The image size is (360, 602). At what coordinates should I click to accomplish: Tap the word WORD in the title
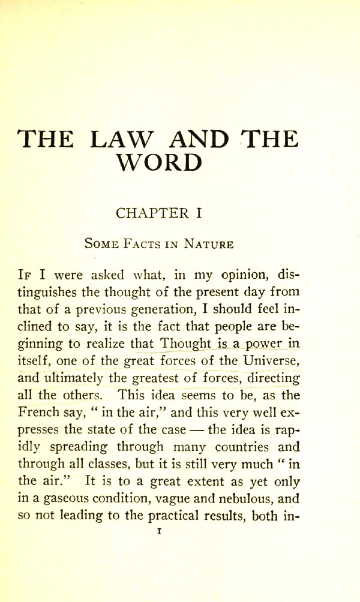158,162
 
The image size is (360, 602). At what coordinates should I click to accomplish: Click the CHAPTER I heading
158,213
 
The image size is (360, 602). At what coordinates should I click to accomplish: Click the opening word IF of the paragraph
28,276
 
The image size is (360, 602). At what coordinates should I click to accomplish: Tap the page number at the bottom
158,531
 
